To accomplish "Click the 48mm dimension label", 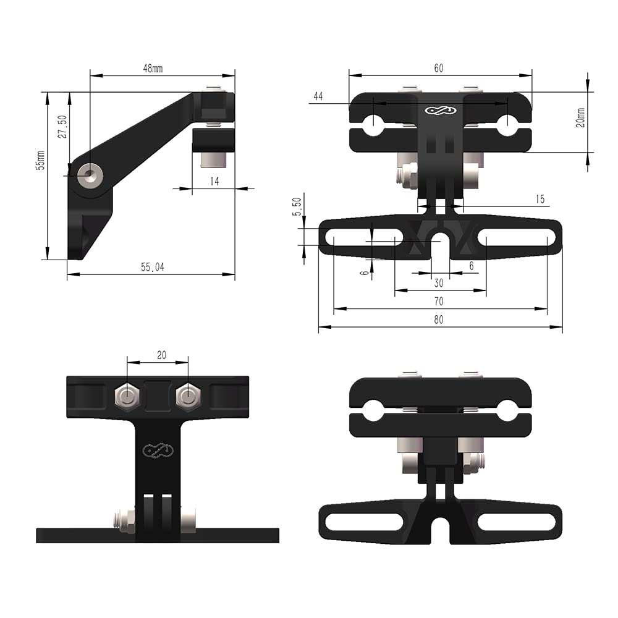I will pos(153,69).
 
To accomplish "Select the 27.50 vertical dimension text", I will pos(62,127).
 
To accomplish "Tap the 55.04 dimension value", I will pos(152,267).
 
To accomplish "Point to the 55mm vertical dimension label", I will pos(40,160).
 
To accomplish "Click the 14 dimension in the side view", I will pos(214,181).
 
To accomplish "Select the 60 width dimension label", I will pos(438,69).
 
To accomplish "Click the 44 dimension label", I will pos(318,96).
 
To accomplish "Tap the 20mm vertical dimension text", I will pos(580,117).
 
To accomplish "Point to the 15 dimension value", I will pos(540,199).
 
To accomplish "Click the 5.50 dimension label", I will pos(297,206).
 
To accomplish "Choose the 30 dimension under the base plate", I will pos(439,283).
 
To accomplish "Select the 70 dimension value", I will pos(439,302).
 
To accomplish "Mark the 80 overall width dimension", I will pos(439,320).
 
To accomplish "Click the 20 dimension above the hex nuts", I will pos(161,355).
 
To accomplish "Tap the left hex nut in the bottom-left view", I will pos(127,397).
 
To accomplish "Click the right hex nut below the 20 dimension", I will pos(187,397).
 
